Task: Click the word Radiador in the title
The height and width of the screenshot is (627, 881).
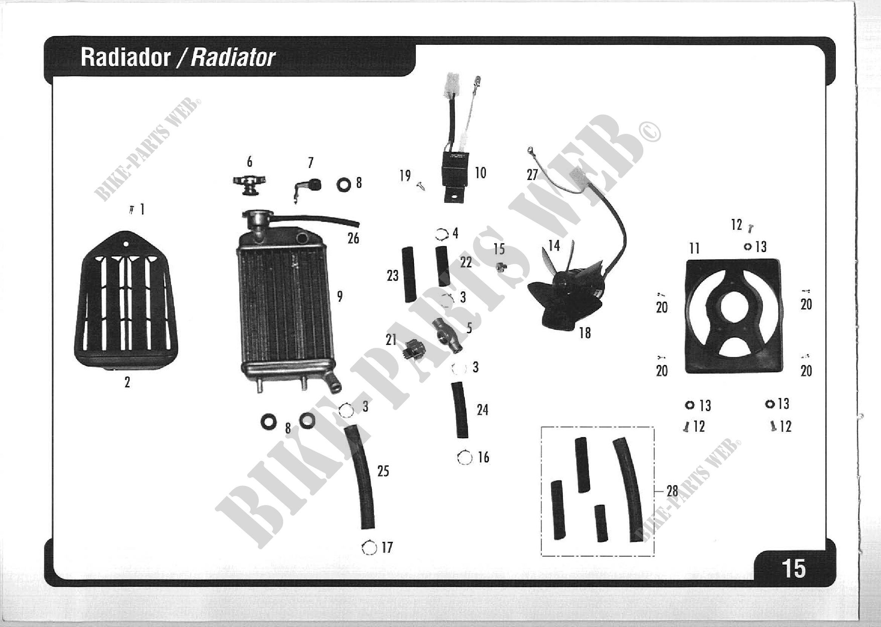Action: coord(125,58)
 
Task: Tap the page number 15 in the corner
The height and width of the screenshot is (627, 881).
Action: coord(793,569)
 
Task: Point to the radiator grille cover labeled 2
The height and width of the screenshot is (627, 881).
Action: coord(126,301)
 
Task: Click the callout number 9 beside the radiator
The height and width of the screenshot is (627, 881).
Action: coord(340,297)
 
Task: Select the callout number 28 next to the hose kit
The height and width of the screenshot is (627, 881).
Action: coord(672,491)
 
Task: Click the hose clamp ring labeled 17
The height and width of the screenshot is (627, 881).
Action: coord(369,547)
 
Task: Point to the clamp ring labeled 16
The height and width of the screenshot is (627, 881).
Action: coord(464,458)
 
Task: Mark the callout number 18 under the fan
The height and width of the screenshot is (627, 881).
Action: coord(585,333)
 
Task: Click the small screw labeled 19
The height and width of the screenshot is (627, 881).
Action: coord(421,187)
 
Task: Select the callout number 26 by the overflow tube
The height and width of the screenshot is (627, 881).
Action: coord(353,239)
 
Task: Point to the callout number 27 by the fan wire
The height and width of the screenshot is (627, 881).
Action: coord(532,175)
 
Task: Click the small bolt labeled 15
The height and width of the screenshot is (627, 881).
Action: coord(501,266)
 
